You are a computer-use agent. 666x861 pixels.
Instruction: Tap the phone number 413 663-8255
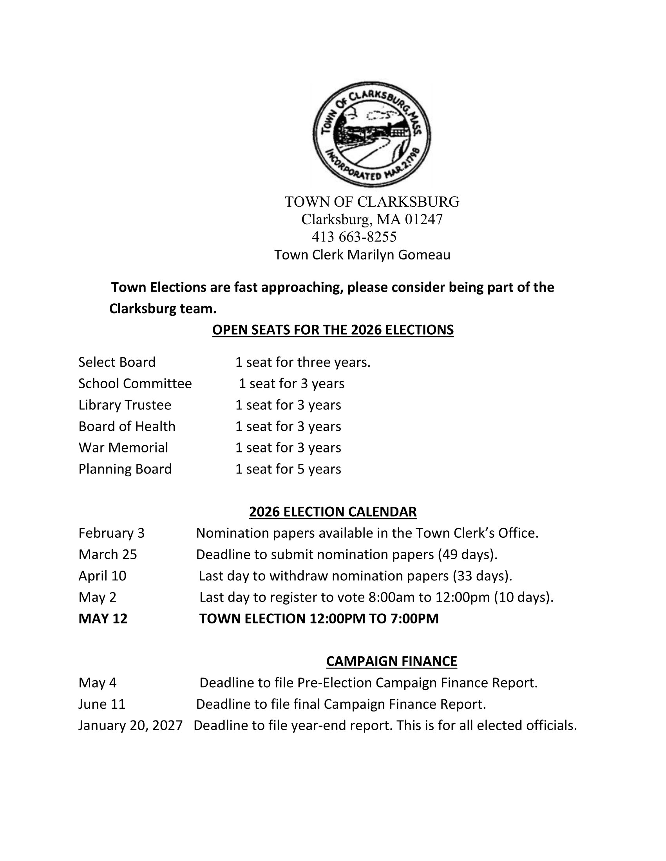pos(354,237)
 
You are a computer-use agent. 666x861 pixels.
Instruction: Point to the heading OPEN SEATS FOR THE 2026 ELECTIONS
pos(333,330)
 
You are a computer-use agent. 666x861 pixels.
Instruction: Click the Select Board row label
pos(117,362)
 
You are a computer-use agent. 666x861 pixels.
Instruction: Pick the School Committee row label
pos(135,383)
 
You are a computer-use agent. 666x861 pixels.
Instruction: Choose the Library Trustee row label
pos(125,405)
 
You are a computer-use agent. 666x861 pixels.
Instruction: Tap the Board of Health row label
pos(127,426)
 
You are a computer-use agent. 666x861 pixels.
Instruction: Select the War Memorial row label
pos(123,447)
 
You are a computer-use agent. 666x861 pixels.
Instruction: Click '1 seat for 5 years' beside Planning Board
pos(288,469)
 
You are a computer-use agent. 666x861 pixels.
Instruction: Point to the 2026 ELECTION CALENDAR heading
pos(333,512)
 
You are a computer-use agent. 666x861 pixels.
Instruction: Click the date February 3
pos(111,533)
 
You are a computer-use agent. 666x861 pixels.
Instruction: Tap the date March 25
pos(107,554)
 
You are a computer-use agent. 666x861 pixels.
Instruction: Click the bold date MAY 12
pos(103,618)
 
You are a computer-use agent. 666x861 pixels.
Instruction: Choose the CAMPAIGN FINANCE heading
pos(391,661)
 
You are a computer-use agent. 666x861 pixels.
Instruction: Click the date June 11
pos(102,704)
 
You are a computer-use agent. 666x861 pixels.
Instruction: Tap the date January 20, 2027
pos(130,725)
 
